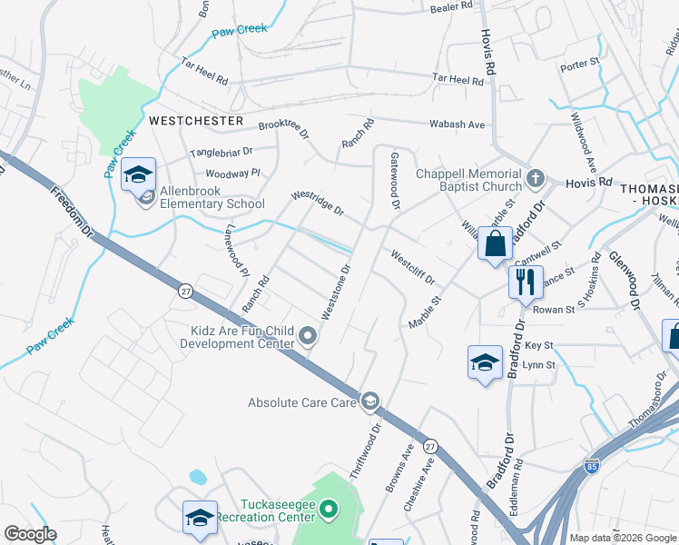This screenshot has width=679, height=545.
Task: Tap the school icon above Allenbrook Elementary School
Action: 138,174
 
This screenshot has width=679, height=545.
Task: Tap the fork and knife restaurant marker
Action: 525,282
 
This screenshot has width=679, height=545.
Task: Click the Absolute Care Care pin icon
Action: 370,401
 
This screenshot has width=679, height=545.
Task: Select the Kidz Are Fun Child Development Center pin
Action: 309,337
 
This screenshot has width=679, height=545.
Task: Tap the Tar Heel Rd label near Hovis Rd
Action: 458,80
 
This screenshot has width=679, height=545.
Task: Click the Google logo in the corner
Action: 30,534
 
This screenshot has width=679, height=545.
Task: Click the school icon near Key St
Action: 485,363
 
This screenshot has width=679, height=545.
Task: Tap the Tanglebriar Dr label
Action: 221,153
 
